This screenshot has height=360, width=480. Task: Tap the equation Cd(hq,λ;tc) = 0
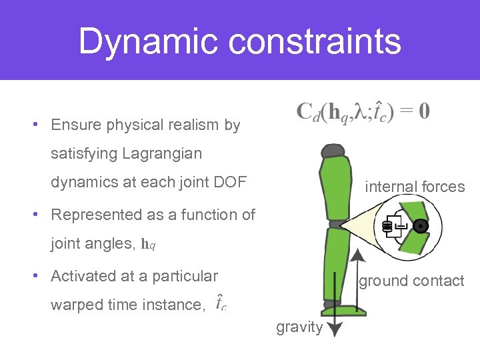[363, 111]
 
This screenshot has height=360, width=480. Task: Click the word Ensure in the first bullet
[74, 125]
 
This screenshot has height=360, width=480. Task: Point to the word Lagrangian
[162, 154]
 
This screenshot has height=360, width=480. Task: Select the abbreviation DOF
[233, 183]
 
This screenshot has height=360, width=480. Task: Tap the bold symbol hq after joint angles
[149, 244]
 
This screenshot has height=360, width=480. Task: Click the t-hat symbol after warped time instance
[221, 303]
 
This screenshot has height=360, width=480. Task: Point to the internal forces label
[415, 187]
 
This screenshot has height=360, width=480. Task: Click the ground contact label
[411, 281]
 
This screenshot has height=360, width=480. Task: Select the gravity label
[299, 327]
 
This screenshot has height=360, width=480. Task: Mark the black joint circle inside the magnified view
[420, 227]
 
